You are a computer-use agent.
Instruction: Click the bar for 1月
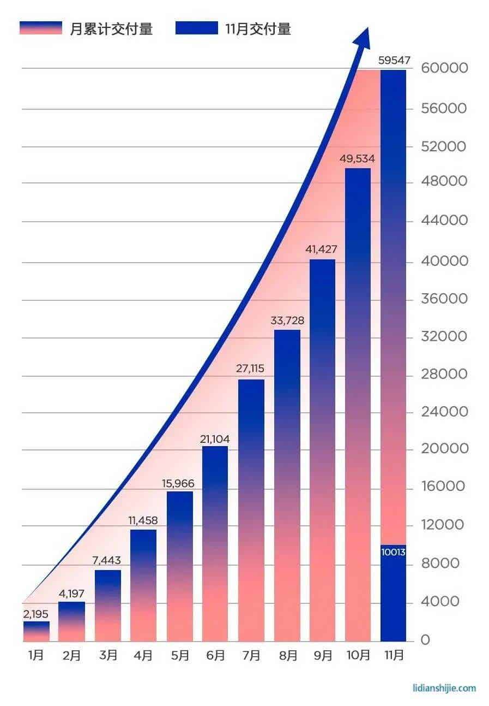[37, 631]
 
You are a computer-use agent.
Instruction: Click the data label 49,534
[357, 159]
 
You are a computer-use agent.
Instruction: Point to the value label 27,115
[251, 369]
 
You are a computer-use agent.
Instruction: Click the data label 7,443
[107, 561]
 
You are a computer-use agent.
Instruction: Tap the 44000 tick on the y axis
[444, 221]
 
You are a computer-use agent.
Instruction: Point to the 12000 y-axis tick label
[444, 525]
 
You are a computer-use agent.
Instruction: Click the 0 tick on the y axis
[425, 639]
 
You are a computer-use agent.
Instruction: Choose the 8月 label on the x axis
[287, 655]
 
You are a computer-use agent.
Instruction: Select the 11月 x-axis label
[393, 655]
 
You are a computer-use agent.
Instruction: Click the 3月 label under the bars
[107, 655]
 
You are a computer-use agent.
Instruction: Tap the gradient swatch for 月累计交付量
[40, 28]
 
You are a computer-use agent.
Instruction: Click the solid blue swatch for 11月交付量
[196, 28]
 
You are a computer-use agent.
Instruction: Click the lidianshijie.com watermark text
[444, 688]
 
